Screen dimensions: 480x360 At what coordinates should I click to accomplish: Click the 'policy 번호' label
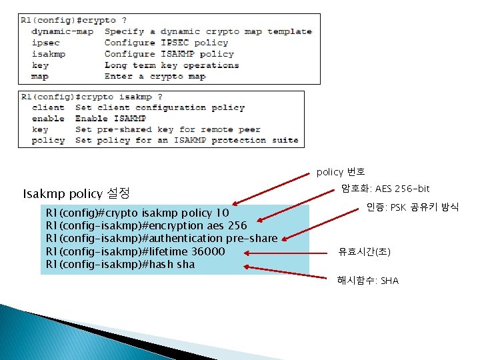coord(340,172)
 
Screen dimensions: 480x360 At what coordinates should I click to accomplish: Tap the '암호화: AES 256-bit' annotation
coord(385,189)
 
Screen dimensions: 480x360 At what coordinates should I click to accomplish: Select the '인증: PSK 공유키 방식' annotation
coord(413,207)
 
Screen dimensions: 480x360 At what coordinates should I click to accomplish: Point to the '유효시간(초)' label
coord(364,252)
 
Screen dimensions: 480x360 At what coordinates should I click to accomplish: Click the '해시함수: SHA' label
coord(367,281)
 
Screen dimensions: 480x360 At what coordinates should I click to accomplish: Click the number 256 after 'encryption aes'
coord(237,225)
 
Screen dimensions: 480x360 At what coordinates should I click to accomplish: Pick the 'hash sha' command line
coord(120,265)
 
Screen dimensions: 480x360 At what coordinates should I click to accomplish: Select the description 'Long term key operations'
coord(171,65)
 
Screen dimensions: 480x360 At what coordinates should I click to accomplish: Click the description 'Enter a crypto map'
coord(155,77)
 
